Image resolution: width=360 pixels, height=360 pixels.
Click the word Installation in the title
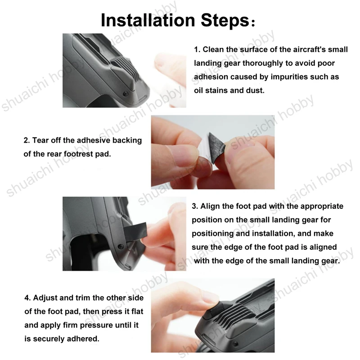point(148,20)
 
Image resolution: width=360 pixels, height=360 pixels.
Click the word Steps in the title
point(225,21)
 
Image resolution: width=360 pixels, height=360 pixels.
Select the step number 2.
point(27,140)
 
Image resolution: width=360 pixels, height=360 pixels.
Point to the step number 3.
point(195,206)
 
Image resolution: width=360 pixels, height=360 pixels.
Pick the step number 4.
point(27,298)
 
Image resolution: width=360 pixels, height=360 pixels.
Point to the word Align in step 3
point(210,207)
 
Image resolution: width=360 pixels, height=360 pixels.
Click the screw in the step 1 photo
point(126,94)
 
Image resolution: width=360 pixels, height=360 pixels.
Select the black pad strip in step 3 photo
point(135,232)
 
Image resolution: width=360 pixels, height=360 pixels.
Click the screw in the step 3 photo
point(120,247)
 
